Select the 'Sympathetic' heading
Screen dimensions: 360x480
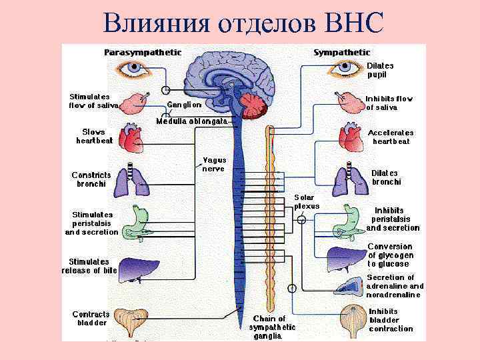click(x=341, y=52)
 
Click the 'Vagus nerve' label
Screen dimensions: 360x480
click(x=214, y=164)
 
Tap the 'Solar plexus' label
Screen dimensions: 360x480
click(x=307, y=201)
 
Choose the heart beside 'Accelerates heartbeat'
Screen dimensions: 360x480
click(x=350, y=137)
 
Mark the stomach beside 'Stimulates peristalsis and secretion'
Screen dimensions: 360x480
click(x=137, y=222)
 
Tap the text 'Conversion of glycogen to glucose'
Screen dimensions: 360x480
click(x=391, y=255)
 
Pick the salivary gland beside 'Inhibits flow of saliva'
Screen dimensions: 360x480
click(x=349, y=102)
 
